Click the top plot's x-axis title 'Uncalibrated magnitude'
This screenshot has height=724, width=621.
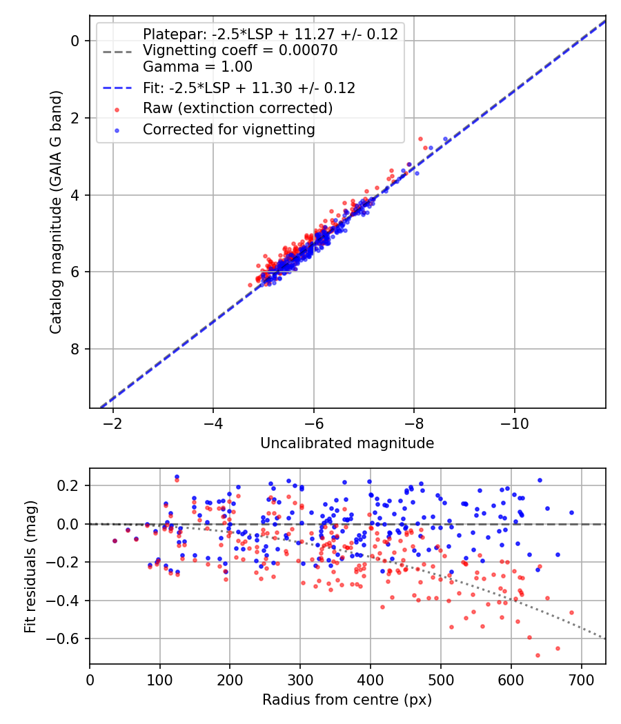[x=347, y=443]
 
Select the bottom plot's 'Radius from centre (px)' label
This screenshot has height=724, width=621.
[x=347, y=700]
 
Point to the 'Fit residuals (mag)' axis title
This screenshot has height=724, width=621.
[x=30, y=567]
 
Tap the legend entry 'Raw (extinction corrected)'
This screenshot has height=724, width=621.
[x=237, y=108]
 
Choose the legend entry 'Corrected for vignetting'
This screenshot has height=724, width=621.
[x=228, y=129]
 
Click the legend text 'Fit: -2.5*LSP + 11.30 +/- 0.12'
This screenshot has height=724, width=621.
[x=249, y=88]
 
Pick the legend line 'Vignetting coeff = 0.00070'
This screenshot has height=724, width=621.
[x=240, y=50]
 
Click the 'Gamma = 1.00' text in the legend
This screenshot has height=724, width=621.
[x=197, y=67]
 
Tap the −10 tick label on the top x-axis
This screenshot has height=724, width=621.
[x=515, y=422]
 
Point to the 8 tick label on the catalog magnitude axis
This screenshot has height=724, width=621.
[x=76, y=349]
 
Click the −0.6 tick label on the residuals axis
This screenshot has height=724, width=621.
[x=68, y=639]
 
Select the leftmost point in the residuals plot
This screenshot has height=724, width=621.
[x=115, y=541]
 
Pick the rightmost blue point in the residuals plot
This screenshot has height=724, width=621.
[x=571, y=512]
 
